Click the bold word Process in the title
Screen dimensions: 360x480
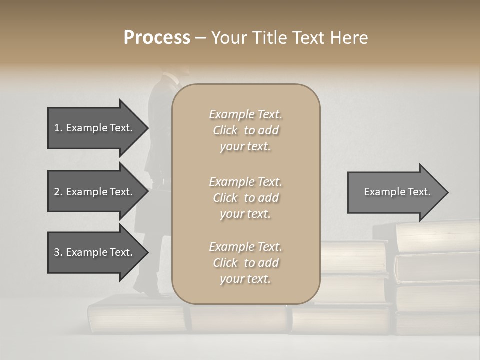tap(157, 38)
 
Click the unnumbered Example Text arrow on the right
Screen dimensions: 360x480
tap(397, 192)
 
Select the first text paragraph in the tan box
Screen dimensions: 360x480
tap(245, 130)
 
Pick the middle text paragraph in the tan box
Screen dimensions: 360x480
tap(245, 198)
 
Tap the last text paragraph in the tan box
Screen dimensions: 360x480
tap(245, 263)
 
